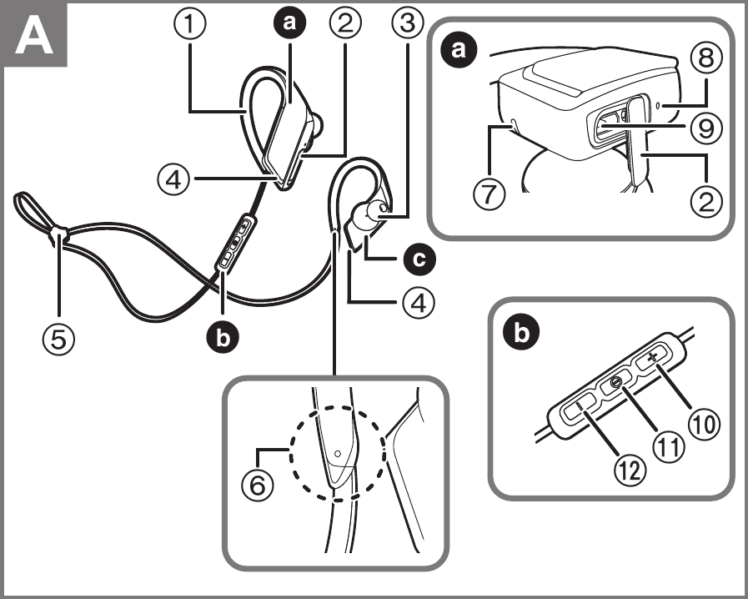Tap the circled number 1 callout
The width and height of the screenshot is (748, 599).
tap(192, 23)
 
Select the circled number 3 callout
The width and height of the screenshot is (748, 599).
tap(406, 23)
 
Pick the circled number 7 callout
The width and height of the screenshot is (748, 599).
tap(488, 195)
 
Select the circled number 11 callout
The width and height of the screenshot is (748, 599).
tap(664, 446)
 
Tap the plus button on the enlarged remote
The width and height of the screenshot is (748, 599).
tap(652, 356)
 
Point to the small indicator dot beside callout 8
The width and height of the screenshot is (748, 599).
tap(660, 106)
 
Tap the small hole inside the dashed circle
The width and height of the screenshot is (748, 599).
tap(337, 454)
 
